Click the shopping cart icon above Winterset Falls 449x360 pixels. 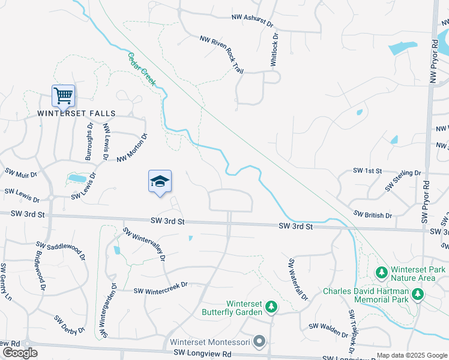63,95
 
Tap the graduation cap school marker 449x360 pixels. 160,181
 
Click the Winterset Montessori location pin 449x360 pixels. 259,342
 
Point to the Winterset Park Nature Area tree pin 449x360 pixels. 381,273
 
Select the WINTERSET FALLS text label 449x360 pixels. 76,113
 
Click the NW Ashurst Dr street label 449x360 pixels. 252,20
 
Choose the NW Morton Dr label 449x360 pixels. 133,148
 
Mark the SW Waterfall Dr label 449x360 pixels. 298,280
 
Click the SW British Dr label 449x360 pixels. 373,214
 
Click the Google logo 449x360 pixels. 20,353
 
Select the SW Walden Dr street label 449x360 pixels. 328,329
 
